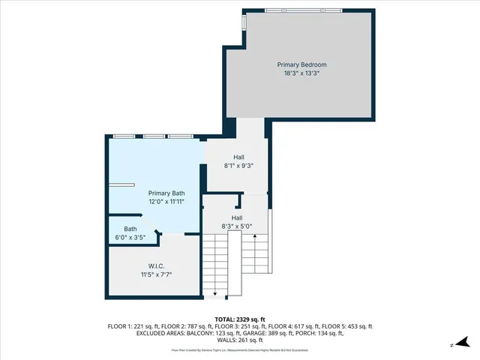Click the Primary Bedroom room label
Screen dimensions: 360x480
(301, 65)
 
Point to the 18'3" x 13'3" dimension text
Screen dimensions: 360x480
(301, 74)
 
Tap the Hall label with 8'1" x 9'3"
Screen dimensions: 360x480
(238, 157)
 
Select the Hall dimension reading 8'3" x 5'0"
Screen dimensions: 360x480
(237, 226)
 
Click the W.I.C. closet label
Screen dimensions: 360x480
(156, 266)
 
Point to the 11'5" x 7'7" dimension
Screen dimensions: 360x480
(156, 275)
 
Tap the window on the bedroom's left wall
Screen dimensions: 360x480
(243, 23)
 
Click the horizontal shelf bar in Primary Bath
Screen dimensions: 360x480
(121, 184)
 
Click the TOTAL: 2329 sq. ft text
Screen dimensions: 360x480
(240, 319)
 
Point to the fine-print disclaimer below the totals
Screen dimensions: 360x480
(240, 350)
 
